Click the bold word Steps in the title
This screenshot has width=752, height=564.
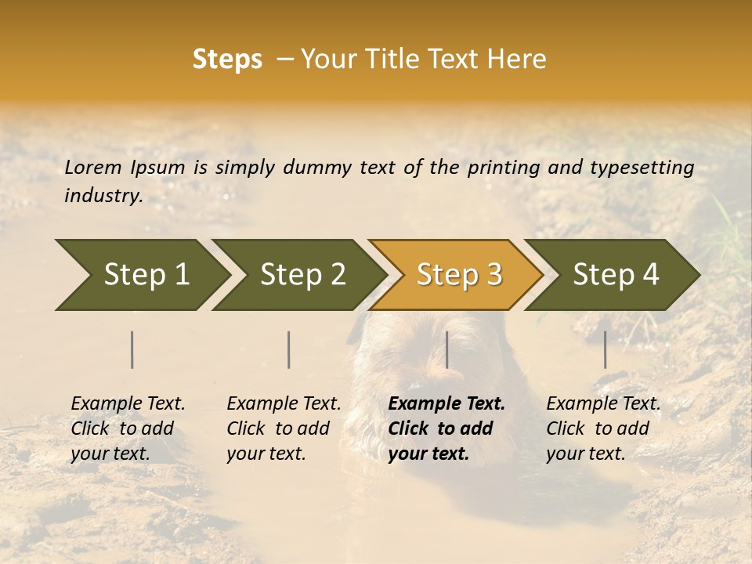coord(227,60)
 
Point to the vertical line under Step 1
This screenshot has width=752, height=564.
coord(132,349)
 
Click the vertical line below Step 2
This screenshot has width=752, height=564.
coord(289,349)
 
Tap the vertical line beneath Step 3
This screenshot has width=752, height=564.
coord(446,349)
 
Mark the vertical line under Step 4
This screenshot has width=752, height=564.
coord(605,349)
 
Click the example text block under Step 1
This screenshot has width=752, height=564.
coord(128,428)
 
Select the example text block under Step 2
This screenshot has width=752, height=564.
coord(284,428)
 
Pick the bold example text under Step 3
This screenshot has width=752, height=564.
coord(446,428)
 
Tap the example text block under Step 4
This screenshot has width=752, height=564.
coord(603,428)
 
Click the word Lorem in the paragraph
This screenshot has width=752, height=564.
coord(93,168)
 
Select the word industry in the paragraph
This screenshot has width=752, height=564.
coord(103,196)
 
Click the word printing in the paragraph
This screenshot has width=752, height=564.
coord(504,168)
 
